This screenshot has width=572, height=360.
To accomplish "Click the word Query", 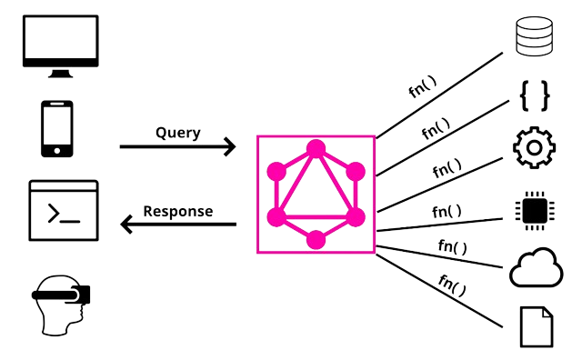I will (178, 133).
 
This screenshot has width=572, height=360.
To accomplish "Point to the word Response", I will (178, 212).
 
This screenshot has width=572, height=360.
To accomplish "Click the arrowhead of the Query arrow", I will (231, 146).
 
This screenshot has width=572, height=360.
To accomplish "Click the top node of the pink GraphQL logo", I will (316, 148).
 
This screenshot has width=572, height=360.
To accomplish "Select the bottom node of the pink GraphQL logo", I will (316, 240).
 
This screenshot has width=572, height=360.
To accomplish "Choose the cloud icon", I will (533, 269).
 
